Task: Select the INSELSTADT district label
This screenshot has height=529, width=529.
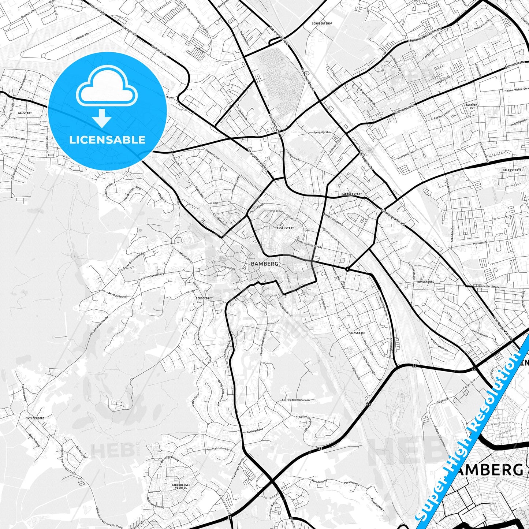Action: pos(283,228)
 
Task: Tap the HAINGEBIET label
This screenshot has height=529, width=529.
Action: pos(357,333)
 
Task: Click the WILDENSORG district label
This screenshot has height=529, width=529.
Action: pos(36,418)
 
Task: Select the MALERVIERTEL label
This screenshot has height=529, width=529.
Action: pos(513,170)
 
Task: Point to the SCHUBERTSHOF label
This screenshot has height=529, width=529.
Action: pos(322,23)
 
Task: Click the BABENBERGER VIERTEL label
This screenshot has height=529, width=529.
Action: pos(181,486)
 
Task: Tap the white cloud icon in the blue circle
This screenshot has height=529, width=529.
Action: pos(107,86)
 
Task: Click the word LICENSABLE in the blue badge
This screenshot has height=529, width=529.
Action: pos(107,139)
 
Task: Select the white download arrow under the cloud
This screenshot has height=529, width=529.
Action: pos(102,118)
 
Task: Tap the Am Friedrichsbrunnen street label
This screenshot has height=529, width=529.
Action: pos(295,400)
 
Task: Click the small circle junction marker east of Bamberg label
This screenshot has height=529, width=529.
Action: pos(347,269)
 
